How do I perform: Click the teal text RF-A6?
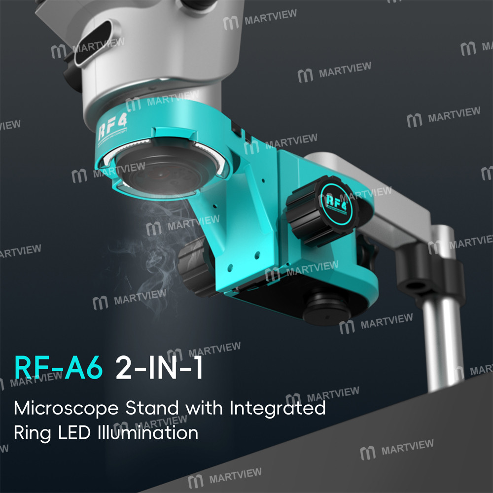coord(59,369)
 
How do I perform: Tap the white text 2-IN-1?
coord(159,369)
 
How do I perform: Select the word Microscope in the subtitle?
coord(67,409)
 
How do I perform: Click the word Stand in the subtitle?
coord(151,408)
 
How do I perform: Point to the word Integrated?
coord(277,408)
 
